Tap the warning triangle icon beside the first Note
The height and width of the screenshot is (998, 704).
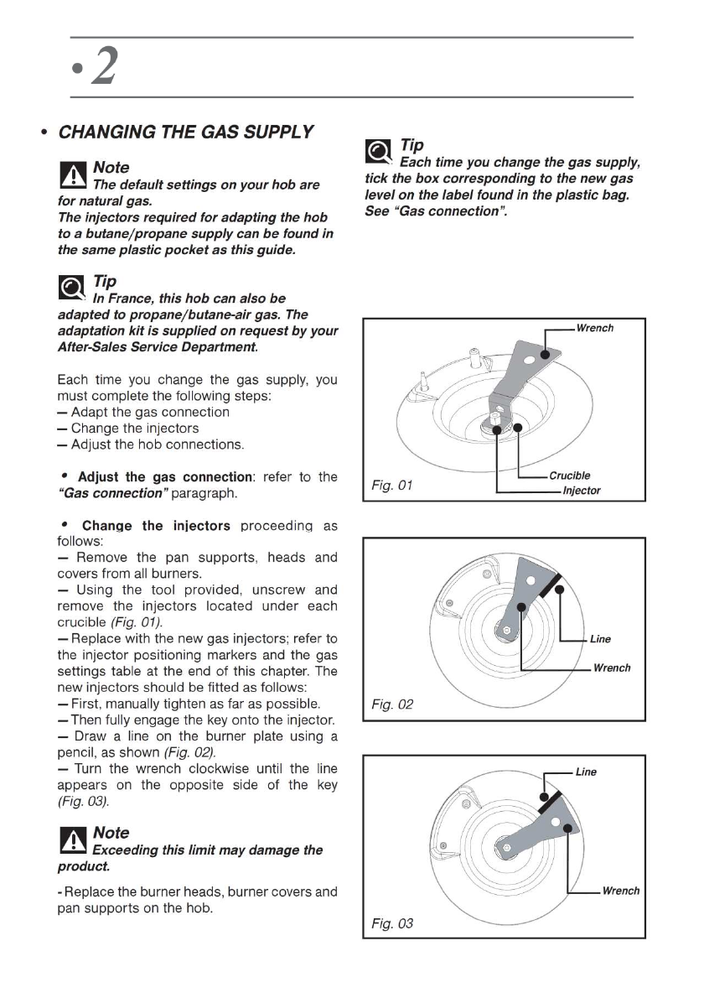(x=74, y=174)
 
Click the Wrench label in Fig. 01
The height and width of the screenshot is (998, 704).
(x=594, y=328)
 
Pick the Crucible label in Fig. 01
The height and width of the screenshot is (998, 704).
(x=570, y=476)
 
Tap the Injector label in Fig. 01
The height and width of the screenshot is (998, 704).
(x=581, y=491)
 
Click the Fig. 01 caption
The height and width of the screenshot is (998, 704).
(x=392, y=486)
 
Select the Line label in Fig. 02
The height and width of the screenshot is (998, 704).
(x=600, y=639)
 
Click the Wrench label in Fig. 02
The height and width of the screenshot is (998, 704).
(x=611, y=668)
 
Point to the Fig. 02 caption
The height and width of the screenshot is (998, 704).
(x=392, y=705)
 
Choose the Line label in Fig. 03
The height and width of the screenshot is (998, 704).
(x=586, y=772)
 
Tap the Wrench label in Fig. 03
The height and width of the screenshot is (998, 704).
(x=620, y=891)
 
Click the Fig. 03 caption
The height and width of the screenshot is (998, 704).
(x=392, y=924)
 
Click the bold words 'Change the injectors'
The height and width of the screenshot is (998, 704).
(x=156, y=526)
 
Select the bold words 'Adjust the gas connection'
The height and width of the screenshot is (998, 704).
(x=165, y=477)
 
